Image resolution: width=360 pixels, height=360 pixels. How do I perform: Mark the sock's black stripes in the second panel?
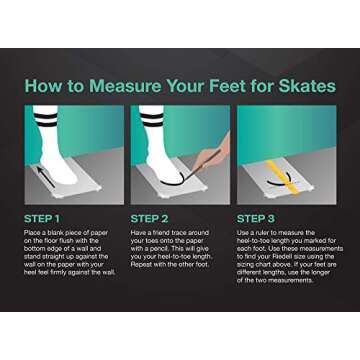point(152,120)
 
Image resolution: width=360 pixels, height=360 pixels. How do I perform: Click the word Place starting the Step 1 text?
point(34,233)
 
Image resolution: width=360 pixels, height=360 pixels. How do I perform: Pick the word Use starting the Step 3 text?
point(243,233)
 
